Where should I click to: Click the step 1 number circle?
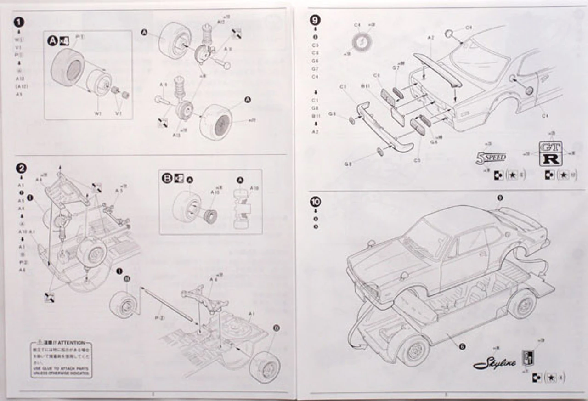tap(18, 22)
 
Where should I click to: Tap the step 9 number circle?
tap(316, 20)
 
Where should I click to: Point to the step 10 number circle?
tap(316, 202)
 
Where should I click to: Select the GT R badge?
tap(549, 154)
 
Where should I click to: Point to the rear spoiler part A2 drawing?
tap(436, 69)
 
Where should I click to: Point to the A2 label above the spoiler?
tap(430, 37)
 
